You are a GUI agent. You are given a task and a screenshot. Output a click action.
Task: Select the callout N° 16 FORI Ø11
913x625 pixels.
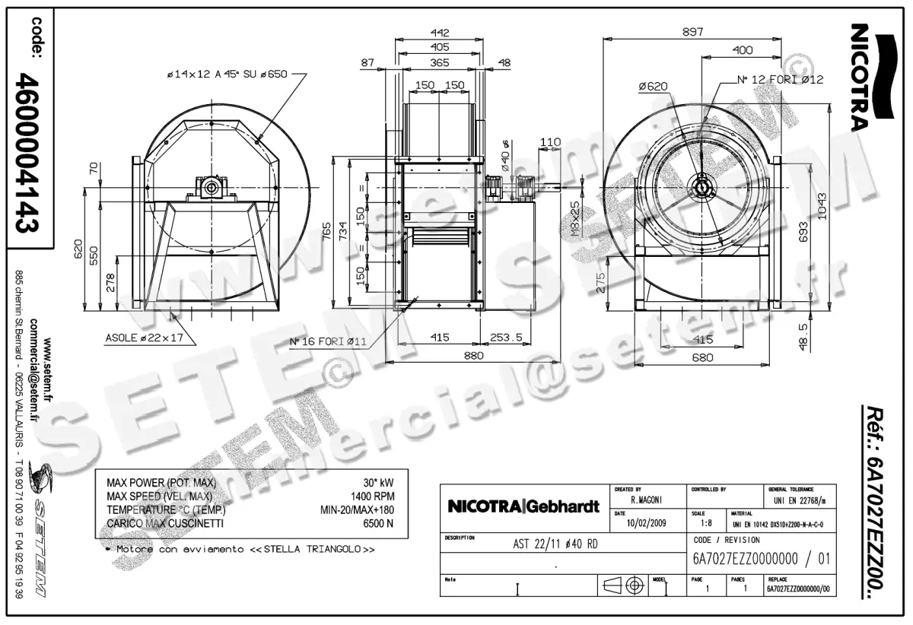[328, 341]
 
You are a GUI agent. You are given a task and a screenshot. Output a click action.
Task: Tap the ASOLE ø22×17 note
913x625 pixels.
[145, 337]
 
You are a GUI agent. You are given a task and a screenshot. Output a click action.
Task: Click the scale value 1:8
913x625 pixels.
[705, 524]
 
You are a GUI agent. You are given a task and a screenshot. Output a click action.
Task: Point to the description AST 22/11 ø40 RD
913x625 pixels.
[561, 544]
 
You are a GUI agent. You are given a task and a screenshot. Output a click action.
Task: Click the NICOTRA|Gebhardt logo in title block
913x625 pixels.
[523, 506]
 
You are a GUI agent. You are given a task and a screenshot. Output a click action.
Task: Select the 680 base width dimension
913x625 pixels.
[703, 357]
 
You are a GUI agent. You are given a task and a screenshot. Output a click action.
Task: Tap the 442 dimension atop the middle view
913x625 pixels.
[440, 33]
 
